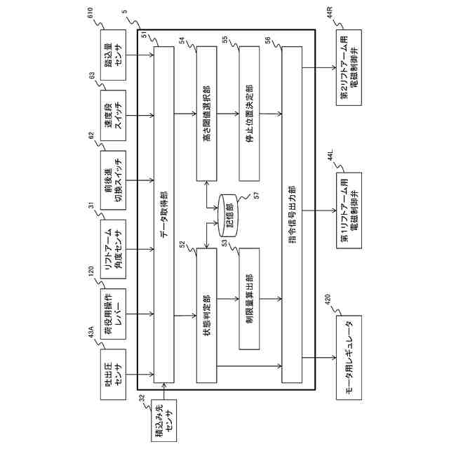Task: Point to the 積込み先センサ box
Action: [163, 420]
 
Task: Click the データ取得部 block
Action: [164, 212]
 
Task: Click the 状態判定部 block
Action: [208, 311]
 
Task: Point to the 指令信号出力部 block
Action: [293, 212]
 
